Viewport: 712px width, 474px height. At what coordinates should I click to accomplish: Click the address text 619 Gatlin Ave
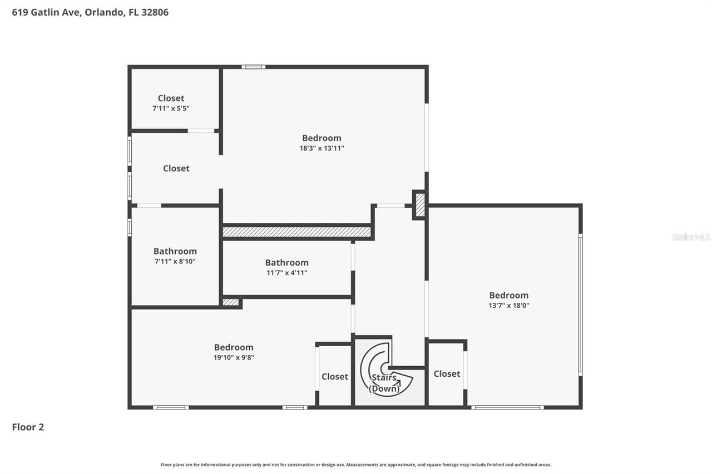pos(47,12)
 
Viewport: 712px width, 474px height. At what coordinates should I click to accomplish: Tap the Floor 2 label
pos(28,427)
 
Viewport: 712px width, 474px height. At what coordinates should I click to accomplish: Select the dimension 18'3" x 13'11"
pos(322,148)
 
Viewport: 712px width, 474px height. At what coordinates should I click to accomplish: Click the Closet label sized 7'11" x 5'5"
pos(171,98)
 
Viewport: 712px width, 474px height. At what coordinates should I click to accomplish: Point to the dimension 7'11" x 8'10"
pos(175,261)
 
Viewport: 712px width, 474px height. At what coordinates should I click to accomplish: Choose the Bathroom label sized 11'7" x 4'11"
pos(286,263)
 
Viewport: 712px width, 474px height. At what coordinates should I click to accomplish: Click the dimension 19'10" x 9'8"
pos(234,358)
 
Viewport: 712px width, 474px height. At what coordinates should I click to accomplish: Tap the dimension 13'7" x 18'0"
pos(508,306)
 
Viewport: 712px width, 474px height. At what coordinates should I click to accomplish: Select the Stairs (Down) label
pos(384,383)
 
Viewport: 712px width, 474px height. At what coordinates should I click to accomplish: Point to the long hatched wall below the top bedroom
pos(296,232)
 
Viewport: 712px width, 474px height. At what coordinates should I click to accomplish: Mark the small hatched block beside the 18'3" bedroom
pos(421,204)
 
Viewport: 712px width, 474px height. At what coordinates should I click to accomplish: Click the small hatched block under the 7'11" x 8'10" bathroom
pos(230,303)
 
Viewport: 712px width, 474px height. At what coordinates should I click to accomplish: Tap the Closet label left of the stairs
pos(335,377)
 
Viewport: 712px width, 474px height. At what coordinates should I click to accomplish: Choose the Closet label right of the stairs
pos(447,374)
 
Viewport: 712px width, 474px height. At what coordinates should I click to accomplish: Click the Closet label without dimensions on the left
pos(176,168)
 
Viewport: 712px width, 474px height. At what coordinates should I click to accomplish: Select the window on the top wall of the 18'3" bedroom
pos(253,67)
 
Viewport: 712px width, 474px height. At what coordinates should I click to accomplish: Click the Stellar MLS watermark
pos(691,237)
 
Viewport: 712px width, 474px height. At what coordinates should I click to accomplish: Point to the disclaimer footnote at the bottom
pos(356,465)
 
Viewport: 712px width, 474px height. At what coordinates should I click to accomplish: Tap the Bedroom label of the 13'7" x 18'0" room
pos(508,296)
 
